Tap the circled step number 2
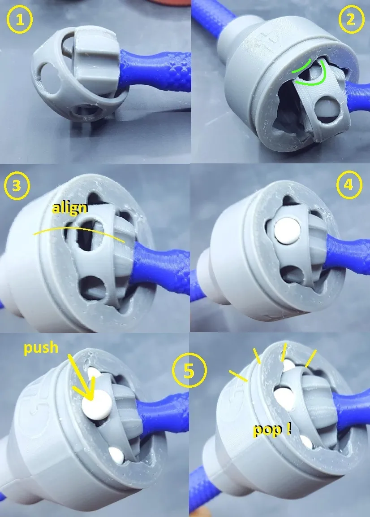(351, 20)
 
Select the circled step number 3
(17, 186)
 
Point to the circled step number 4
(349, 185)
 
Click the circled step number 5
(189, 371)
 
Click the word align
(70, 208)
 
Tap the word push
(41, 347)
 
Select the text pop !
(272, 429)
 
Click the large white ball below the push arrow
(97, 405)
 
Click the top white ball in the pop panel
(288, 365)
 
